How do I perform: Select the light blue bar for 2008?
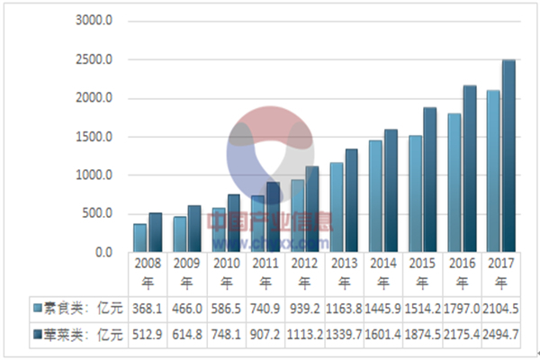pyautogui.click(x=139, y=238)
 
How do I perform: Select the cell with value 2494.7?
pyautogui.click(x=501, y=333)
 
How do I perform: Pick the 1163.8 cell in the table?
pyautogui.click(x=344, y=309)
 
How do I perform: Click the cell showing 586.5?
pyautogui.click(x=226, y=309)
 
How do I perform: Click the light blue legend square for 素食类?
pyautogui.click(x=37, y=309)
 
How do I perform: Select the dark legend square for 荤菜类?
pyautogui.click(x=37, y=333)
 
